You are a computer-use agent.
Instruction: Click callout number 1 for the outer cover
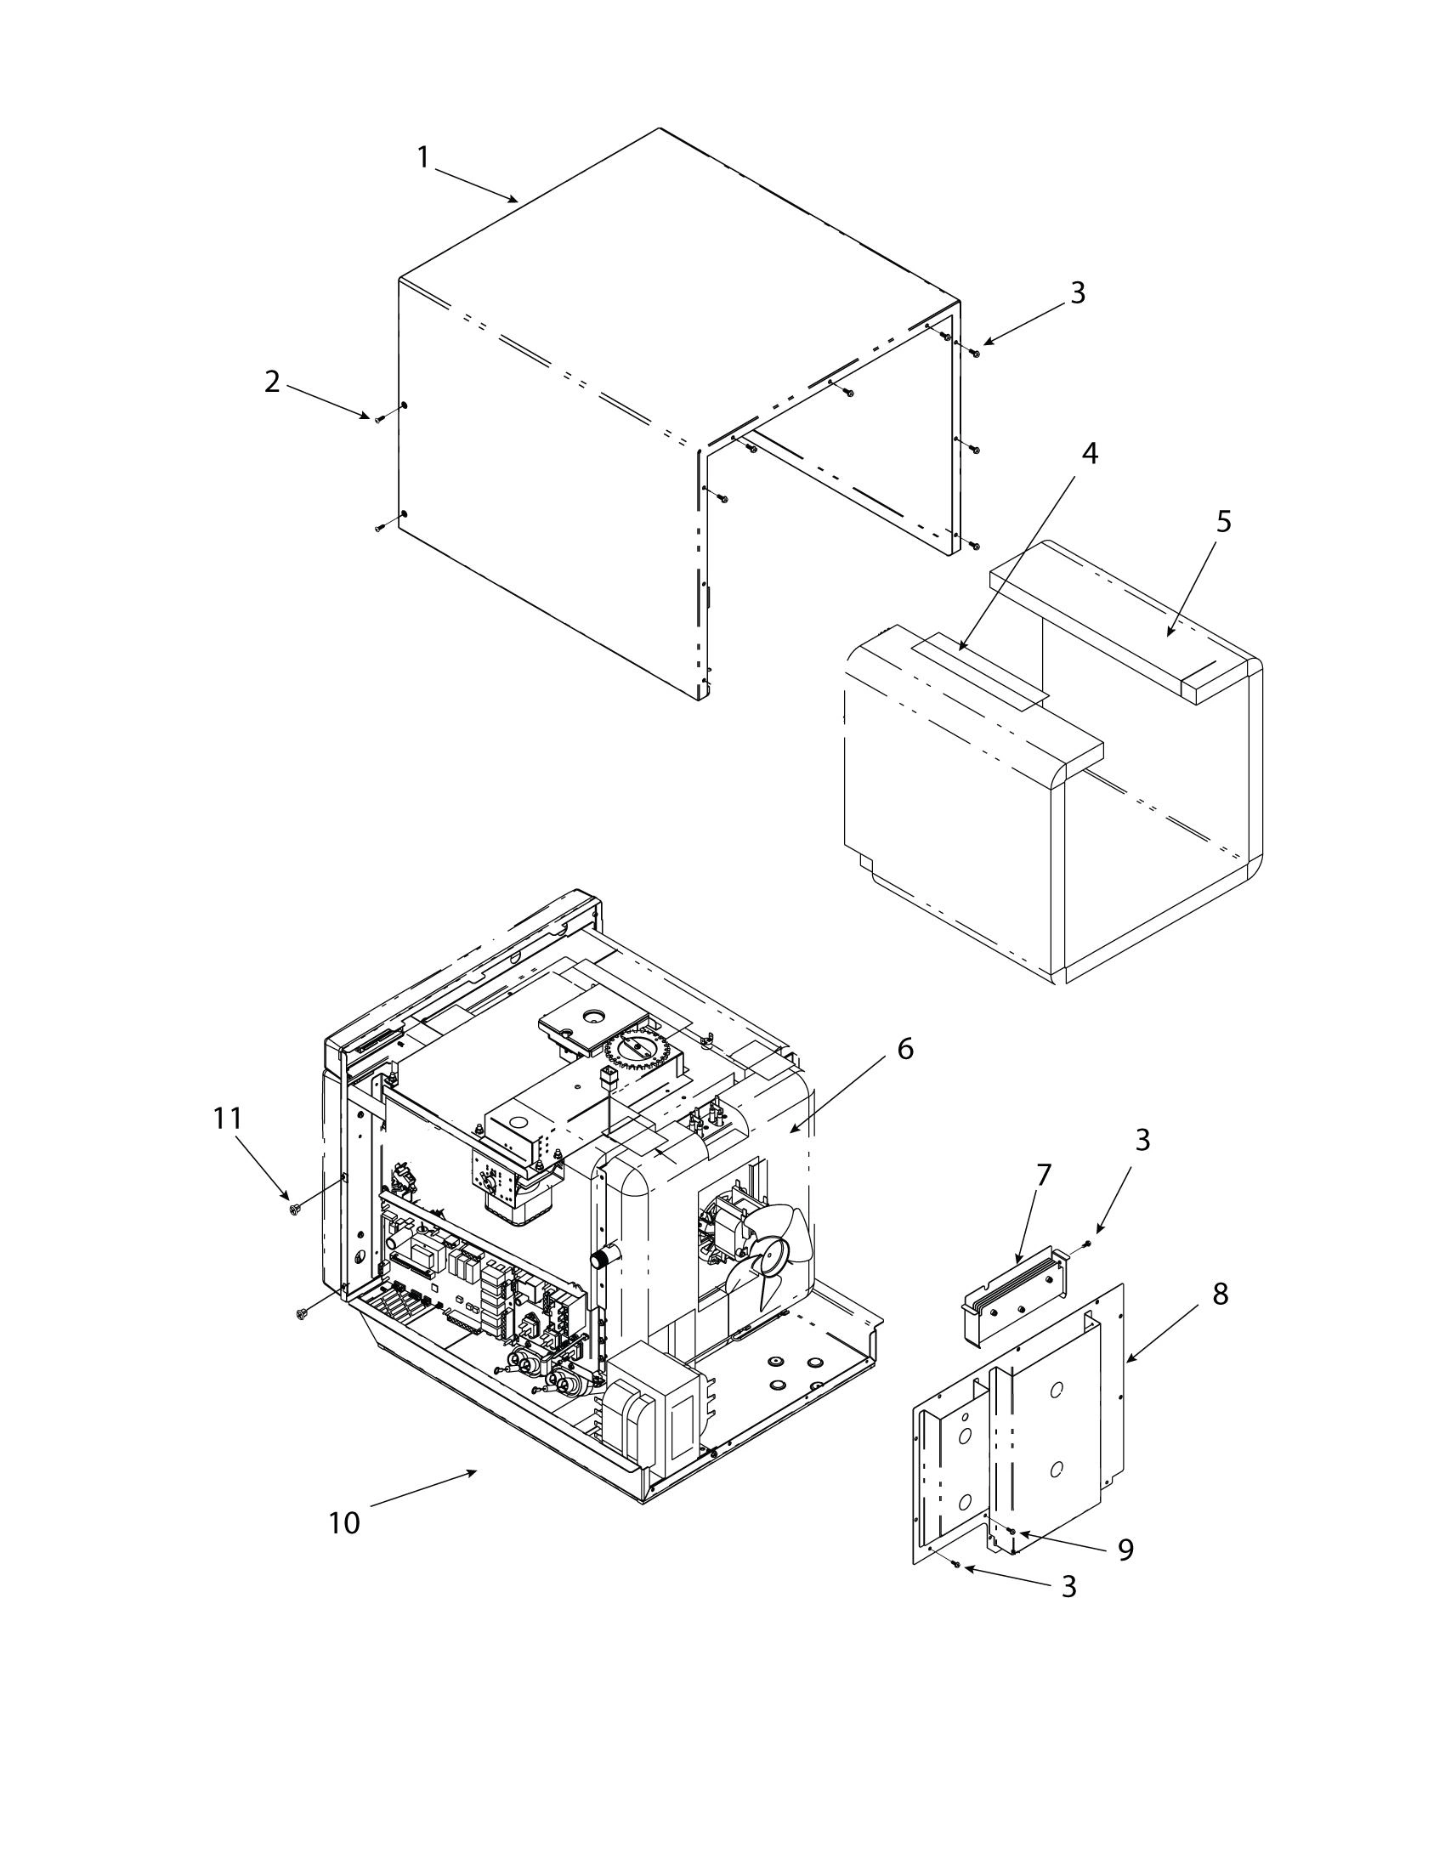[422, 158]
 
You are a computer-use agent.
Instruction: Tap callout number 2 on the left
[271, 382]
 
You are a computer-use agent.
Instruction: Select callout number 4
[1089, 454]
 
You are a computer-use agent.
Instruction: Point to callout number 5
[1223, 520]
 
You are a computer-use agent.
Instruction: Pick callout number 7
[1042, 1176]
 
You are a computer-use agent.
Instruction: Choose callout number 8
[1220, 1295]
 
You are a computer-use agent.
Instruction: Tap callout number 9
[1125, 1549]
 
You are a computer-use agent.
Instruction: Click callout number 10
[344, 1523]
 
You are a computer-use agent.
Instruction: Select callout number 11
[229, 1119]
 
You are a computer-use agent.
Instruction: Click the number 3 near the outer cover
[1078, 293]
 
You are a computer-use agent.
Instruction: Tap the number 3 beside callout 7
[1142, 1140]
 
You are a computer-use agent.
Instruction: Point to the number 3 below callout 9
[1068, 1587]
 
